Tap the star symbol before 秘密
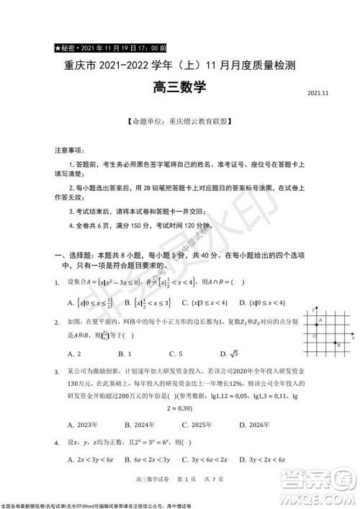coord(56,49)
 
